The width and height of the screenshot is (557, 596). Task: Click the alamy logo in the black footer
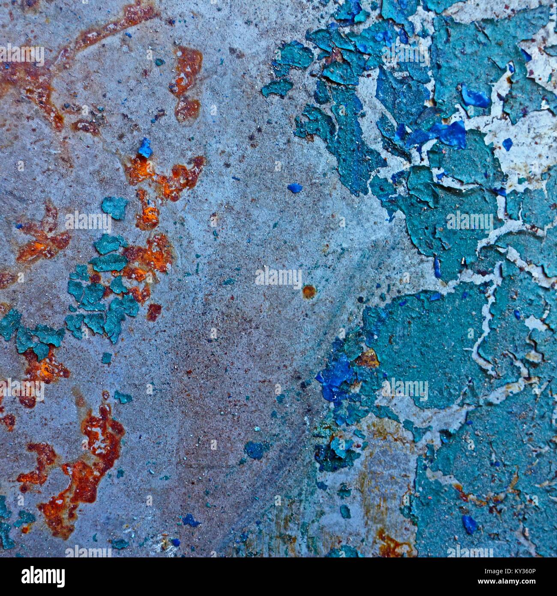[43, 576]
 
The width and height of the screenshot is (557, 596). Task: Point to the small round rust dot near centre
[308, 292]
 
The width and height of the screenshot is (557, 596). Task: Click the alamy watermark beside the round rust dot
[278, 278]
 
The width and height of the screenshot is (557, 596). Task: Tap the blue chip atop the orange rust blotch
[145, 148]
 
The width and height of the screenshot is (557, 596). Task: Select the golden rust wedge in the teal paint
[368, 358]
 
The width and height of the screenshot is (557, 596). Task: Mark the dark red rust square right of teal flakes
[154, 312]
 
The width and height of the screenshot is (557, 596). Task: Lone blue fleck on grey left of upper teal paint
[294, 188]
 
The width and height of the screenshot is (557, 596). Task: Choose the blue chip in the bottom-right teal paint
[469, 524]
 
